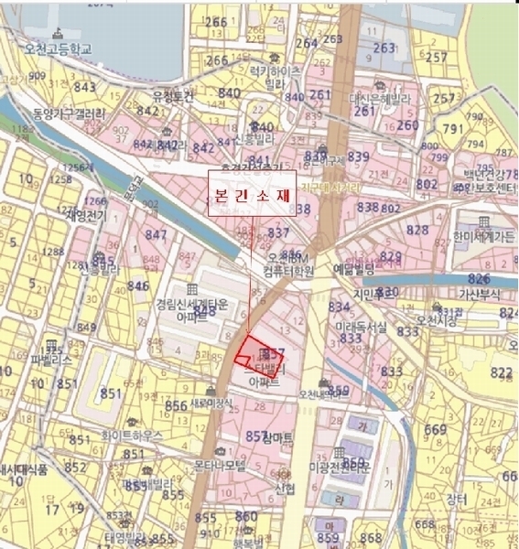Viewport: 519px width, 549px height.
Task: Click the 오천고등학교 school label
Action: click(59, 48)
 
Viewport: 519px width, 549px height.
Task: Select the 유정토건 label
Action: click(174, 95)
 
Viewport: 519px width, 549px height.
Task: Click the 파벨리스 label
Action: click(50, 361)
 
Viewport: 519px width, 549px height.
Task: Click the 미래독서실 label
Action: click(360, 326)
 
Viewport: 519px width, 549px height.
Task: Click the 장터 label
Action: click(455, 499)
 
